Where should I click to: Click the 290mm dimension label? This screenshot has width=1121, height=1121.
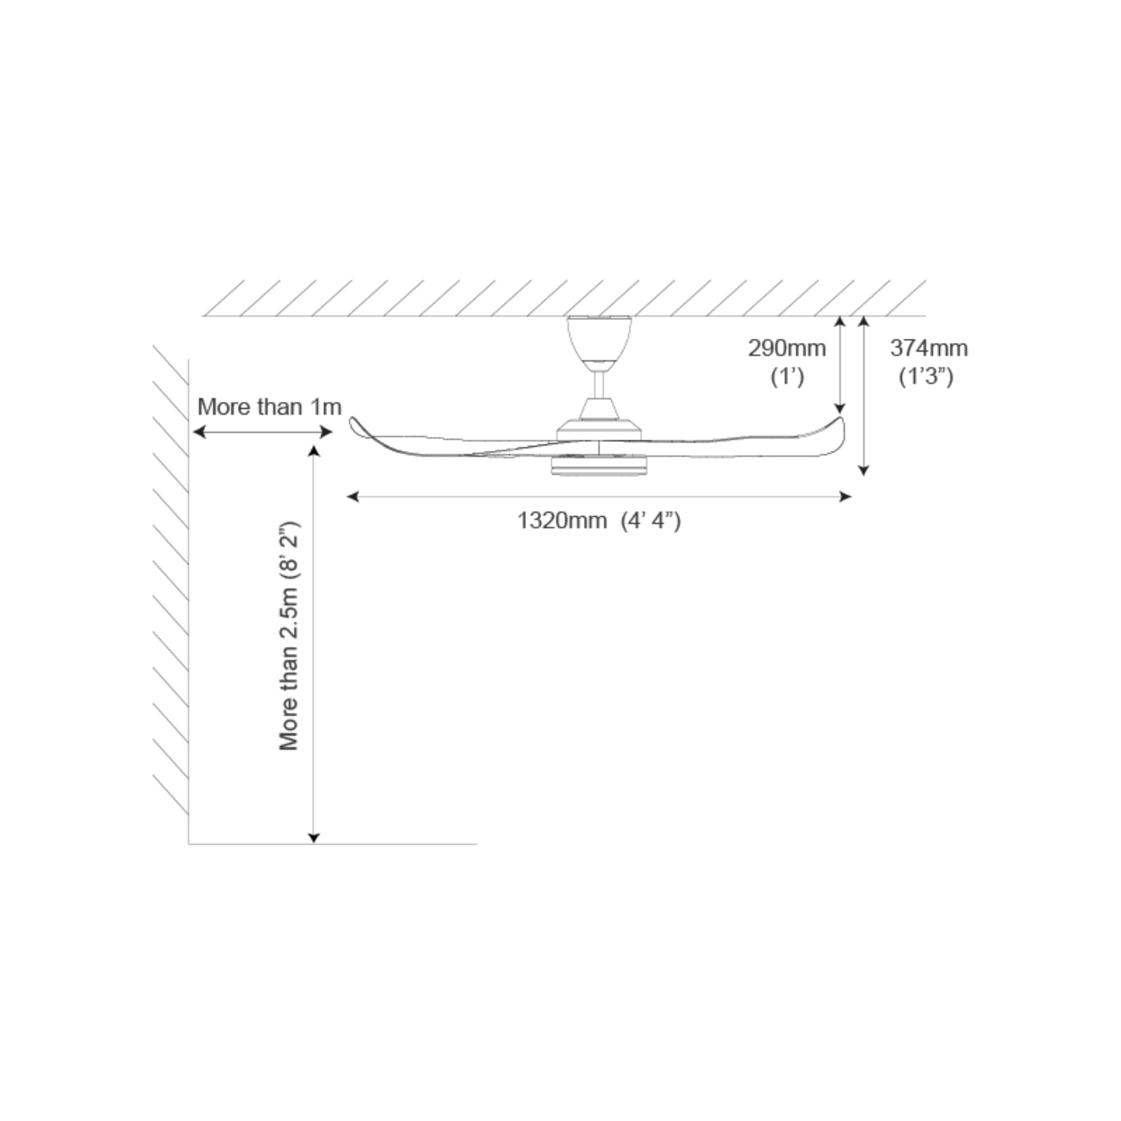pos(787,348)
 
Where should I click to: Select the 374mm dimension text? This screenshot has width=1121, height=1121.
pos(929,348)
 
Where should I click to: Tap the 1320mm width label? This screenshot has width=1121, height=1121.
pos(562,521)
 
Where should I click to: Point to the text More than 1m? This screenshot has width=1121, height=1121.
pos(269,407)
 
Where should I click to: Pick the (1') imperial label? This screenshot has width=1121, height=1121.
pos(787,377)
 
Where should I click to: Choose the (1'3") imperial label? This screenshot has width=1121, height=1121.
pos(926,377)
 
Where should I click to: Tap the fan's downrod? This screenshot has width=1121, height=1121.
pos(599,385)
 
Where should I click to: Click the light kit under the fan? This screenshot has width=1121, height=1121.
pos(599,465)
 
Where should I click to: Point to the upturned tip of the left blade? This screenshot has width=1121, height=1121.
pos(352,419)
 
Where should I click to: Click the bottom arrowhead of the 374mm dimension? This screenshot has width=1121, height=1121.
pos(863,471)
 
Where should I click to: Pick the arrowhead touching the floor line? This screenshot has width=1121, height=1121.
pos(313,837)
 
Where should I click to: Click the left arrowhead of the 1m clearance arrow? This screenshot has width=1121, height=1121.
pos(199,432)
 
